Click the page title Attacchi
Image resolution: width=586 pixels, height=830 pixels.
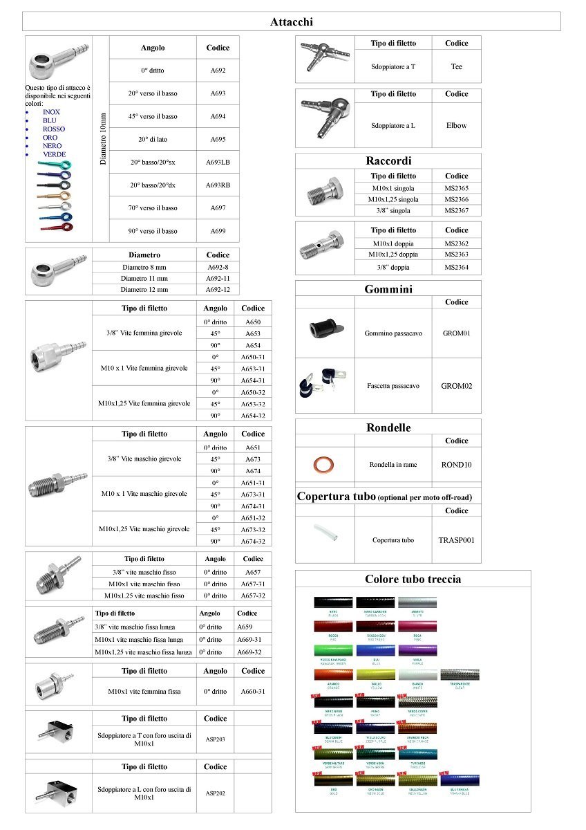(291, 22)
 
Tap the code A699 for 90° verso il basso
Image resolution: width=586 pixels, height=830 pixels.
(218, 231)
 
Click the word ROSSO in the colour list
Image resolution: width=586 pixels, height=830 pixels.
(54, 129)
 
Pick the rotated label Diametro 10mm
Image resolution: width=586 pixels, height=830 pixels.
(103, 138)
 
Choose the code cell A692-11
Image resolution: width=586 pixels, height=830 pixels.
(218, 279)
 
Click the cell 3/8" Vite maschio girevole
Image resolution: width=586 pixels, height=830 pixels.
(144, 459)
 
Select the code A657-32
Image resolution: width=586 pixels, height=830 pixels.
(252, 596)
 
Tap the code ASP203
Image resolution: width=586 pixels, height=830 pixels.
(215, 739)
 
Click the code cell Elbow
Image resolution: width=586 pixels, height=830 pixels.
(456, 126)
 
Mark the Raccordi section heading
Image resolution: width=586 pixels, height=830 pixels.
(388, 161)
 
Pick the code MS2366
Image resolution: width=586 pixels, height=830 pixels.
(456, 199)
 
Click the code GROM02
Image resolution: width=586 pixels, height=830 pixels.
(456, 386)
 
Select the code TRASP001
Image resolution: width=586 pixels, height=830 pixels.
(456, 540)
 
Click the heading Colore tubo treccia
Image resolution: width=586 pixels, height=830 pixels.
(413, 580)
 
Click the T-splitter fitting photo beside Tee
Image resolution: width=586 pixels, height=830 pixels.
(323, 59)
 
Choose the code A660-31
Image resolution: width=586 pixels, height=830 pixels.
(252, 691)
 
